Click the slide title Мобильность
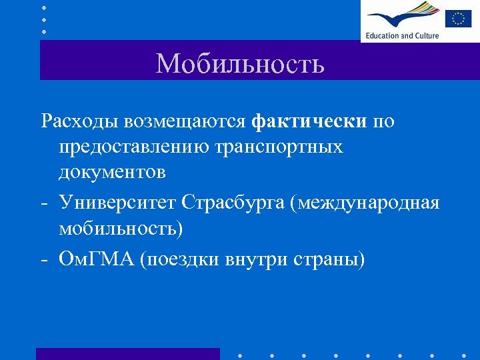[x=240, y=64]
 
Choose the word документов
[x=112, y=171]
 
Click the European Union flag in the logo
[x=458, y=18]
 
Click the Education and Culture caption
[x=401, y=35]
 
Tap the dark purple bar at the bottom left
[x=127, y=353]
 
